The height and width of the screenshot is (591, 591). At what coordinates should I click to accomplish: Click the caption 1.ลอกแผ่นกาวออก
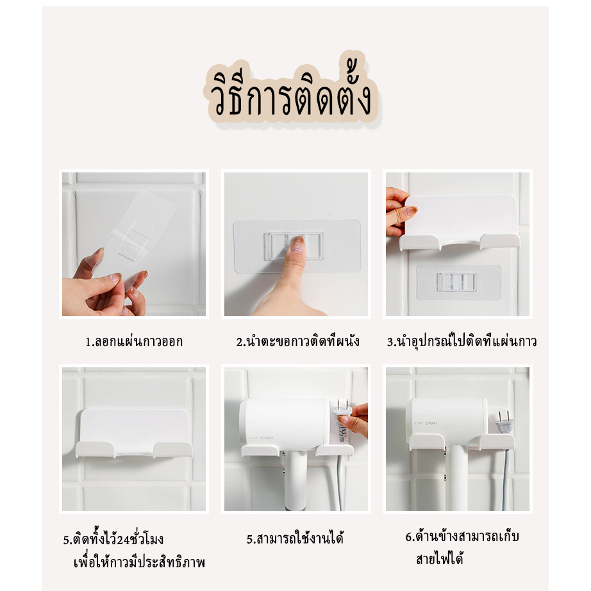pos(134,342)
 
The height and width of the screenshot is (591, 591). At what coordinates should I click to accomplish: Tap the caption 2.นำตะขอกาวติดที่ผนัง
pos(298,342)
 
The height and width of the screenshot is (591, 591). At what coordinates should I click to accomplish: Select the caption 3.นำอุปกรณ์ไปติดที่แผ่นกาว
pos(462,341)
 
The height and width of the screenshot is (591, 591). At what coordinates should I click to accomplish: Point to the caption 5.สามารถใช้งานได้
pos(295,539)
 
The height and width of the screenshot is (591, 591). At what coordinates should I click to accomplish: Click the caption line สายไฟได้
pos(440,558)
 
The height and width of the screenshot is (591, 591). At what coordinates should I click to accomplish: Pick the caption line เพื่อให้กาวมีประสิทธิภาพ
pos(140,563)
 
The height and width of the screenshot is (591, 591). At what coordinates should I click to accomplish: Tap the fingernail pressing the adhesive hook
pos(297,244)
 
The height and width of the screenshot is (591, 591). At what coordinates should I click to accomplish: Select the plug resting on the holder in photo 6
pos(504,422)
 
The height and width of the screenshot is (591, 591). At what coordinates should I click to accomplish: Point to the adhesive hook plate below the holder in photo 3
pos(459,282)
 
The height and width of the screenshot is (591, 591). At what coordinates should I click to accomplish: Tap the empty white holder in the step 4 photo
pos(134,433)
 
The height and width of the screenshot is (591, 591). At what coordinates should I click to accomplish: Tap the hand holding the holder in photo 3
pos(399,212)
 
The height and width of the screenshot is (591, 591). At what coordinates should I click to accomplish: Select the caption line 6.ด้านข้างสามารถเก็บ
pos(462,537)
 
